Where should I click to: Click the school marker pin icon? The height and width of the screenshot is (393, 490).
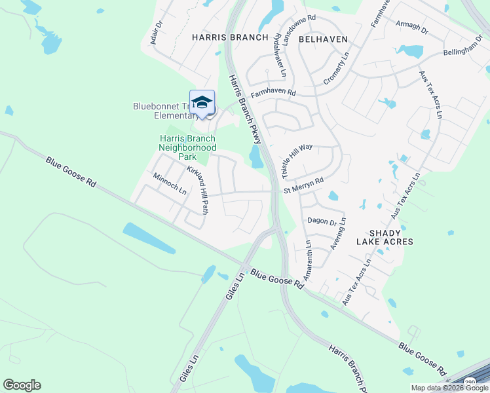pyautogui.click(x=202, y=103)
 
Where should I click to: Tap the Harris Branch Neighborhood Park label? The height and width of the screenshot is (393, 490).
pyautogui.click(x=187, y=147)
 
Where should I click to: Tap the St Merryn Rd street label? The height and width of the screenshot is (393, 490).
pyautogui.click(x=303, y=185)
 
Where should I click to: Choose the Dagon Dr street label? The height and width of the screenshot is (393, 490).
pyautogui.click(x=322, y=222)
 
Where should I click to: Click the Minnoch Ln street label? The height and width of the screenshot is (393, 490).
pyautogui.click(x=170, y=184)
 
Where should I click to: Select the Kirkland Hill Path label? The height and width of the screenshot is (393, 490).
pyautogui.click(x=198, y=191)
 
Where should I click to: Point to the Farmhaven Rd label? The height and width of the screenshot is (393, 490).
pyautogui.click(x=273, y=93)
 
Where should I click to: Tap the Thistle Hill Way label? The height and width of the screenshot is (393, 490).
pyautogui.click(x=297, y=162)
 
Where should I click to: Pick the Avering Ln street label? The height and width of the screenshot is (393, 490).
pyautogui.click(x=341, y=234)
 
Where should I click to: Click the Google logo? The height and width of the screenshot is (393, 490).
pyautogui.click(x=22, y=385)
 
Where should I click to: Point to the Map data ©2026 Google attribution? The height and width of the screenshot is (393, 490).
pyautogui.click(x=449, y=388)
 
